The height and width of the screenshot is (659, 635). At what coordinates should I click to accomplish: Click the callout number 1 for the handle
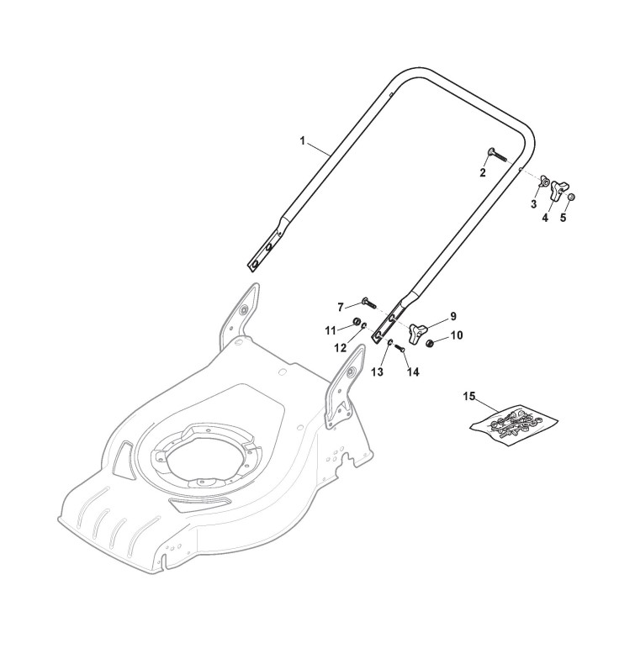(x=303, y=140)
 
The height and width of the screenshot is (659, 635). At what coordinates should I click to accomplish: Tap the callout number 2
(x=483, y=172)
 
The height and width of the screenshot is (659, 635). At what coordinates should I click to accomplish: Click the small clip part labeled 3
(x=545, y=182)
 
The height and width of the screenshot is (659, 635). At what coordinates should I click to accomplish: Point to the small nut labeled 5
(x=572, y=198)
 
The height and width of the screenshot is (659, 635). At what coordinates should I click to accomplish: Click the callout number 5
(x=564, y=217)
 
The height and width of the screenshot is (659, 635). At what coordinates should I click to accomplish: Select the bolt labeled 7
(x=368, y=303)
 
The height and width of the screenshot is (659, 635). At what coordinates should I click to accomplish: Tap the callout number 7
(x=340, y=308)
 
